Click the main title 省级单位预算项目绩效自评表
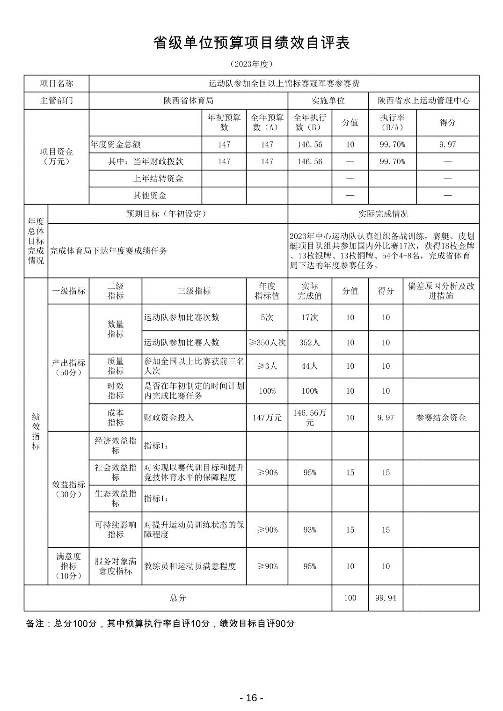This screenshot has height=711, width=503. [x=251, y=43]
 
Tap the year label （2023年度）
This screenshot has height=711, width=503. [x=251, y=64]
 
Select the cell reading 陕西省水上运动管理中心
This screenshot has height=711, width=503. [x=423, y=101]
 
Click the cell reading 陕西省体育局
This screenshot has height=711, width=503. [x=188, y=101]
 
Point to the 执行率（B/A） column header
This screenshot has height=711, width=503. [x=392, y=123]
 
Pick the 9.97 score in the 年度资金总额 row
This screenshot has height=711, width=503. [x=447, y=145]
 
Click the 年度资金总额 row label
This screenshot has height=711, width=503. [x=116, y=145]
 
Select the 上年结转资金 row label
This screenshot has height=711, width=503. [x=158, y=178]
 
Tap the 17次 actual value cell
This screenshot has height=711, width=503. [x=309, y=317]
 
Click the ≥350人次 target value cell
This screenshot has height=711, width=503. [x=267, y=343]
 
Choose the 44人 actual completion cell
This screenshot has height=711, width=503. [x=309, y=366]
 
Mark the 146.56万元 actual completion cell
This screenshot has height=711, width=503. [x=309, y=418]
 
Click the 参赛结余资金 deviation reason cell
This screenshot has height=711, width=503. [x=441, y=418]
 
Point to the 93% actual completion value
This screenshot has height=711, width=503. [x=309, y=530]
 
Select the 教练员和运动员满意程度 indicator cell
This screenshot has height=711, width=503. [x=190, y=566]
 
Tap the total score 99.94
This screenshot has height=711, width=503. [x=386, y=598]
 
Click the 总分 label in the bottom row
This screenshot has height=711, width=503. [x=178, y=598]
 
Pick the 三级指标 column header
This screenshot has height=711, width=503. [x=194, y=291]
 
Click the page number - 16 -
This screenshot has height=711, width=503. [x=251, y=698]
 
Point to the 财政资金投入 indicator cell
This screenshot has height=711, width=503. [x=168, y=418]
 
